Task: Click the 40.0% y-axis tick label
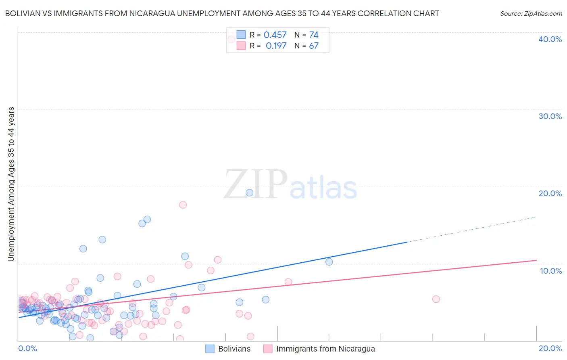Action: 550,39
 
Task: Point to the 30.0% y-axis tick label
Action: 550,116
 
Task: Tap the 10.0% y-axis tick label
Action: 551,271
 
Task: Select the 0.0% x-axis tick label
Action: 27,348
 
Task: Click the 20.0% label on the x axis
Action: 550,348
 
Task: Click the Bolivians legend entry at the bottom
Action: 228,349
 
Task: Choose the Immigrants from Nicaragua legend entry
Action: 319,349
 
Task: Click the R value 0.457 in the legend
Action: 275,35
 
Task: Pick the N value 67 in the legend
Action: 314,46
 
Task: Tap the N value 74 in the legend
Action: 314,35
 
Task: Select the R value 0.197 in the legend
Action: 276,46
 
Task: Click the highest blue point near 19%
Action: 249,193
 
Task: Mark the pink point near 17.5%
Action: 183,205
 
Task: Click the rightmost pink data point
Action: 436,299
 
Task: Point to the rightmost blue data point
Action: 329,262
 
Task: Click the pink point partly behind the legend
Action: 231,39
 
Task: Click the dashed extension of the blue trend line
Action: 472,229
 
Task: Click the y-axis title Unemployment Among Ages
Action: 11,184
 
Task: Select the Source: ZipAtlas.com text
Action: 531,14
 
